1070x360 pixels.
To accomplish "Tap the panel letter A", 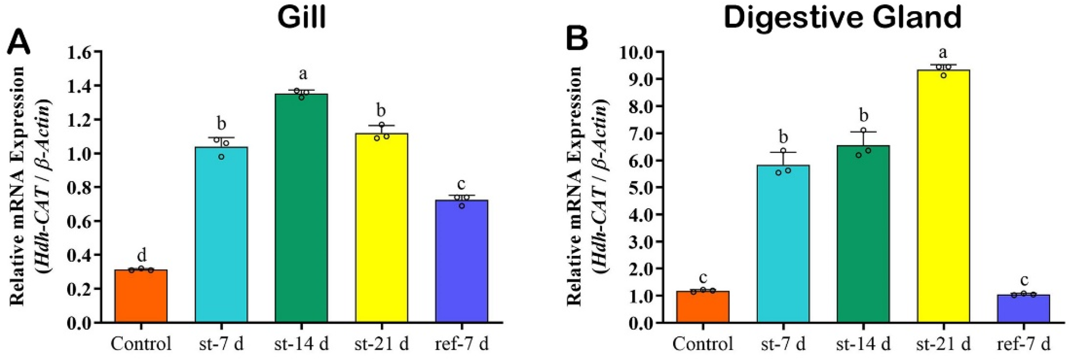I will pos(19,43).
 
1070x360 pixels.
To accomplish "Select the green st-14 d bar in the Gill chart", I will pos(302,207).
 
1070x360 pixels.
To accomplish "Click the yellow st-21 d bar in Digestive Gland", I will pos(943,195).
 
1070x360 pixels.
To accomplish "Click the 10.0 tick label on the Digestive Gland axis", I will pos(638,52).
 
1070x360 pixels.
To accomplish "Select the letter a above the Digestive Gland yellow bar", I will pos(944,53).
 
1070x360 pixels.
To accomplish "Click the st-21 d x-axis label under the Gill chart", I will pos(382,344).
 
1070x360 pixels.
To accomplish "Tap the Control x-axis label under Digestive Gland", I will pos(703,344).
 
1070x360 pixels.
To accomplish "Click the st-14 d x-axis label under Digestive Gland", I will pos(863,344).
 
